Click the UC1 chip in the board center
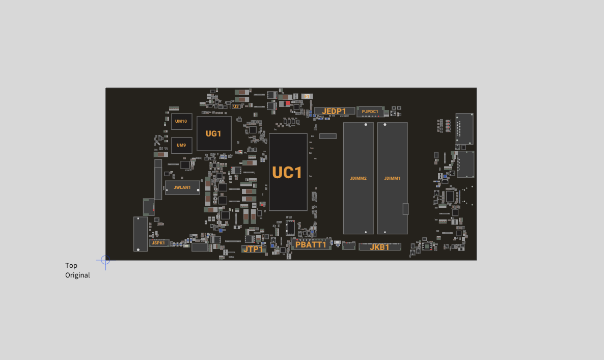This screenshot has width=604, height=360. click(288, 172)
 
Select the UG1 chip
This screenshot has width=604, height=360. click(214, 133)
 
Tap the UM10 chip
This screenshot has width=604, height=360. click(181, 121)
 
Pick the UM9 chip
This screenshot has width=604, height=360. click(181, 145)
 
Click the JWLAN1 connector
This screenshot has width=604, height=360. click(183, 187)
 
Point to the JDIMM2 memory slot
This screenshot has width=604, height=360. click(358, 178)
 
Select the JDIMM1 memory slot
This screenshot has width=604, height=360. click(392, 178)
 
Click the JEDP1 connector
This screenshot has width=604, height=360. click(335, 112)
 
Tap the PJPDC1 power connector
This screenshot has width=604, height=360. click(370, 112)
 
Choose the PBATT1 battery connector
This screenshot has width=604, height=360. click(311, 244)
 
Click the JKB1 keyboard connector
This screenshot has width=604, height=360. click(380, 247)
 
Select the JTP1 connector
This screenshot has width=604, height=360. click(254, 249)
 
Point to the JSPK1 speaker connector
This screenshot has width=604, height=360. click(159, 243)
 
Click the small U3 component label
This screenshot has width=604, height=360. click(236, 106)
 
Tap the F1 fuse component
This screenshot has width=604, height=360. click(307, 96)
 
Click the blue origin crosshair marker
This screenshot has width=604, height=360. click(105, 260)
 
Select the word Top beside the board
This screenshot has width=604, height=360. click(71, 265)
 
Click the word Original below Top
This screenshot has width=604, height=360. click(77, 275)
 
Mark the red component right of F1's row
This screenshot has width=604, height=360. click(288, 103)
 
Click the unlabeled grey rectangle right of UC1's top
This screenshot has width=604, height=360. click(328, 136)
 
